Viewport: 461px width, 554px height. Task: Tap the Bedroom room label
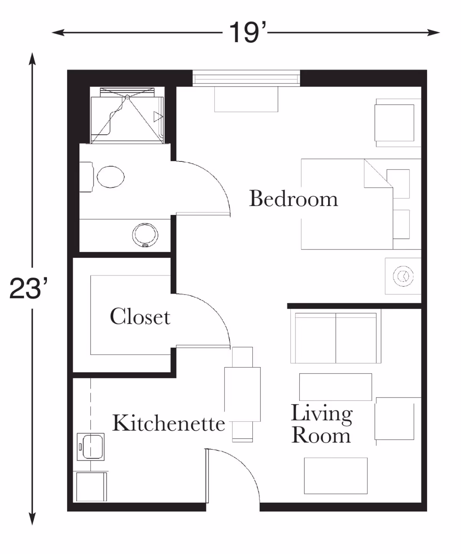click(x=294, y=199)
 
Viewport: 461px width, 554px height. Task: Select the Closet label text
click(x=140, y=317)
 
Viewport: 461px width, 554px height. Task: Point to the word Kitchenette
click(x=168, y=423)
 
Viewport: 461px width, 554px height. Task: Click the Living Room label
click(x=321, y=424)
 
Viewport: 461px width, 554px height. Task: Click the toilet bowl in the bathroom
click(x=111, y=177)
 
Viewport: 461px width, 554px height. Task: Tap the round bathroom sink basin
click(x=145, y=235)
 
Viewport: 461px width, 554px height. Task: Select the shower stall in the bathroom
click(x=127, y=115)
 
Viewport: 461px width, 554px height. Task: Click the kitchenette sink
click(x=91, y=446)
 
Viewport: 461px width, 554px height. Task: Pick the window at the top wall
click(x=246, y=79)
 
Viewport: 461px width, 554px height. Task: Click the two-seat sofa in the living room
click(x=335, y=338)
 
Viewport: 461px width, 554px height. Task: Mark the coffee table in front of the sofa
click(x=335, y=387)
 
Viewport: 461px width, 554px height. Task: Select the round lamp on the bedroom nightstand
click(x=403, y=276)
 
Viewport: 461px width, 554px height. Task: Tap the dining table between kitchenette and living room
click(x=242, y=394)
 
